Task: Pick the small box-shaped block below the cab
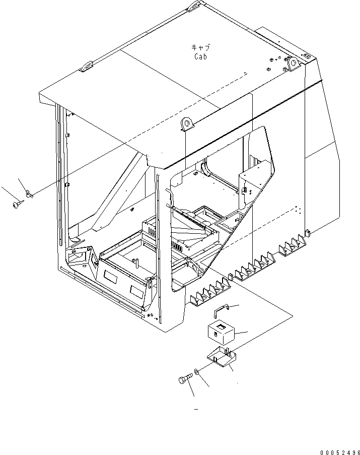pos(222,332)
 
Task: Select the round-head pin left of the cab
pos(18,204)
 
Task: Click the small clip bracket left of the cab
pos(29,193)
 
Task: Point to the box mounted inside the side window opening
pos(250,182)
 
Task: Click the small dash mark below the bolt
pos(196,409)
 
